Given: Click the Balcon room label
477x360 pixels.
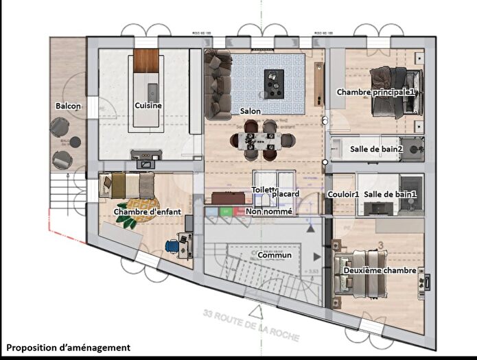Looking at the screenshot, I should (69, 106).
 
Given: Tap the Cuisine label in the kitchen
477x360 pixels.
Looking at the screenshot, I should (148, 106).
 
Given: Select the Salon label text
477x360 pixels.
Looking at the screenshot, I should (250, 110).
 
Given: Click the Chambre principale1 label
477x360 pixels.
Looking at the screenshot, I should (376, 92).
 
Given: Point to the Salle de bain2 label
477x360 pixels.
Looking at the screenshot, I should (376, 149).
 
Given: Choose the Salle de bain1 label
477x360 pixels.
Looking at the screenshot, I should (391, 195).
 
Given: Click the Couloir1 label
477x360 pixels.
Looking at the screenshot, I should (343, 195).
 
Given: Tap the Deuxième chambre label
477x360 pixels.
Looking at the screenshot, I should (380, 271).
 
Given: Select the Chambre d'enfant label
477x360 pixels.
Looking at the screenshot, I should (147, 212).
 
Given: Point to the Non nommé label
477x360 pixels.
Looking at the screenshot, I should (269, 212).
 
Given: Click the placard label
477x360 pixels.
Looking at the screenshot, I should (286, 194).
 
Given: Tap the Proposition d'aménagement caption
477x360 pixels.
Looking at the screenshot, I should (68, 348).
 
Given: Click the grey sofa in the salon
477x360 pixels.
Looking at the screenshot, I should (218, 86).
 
